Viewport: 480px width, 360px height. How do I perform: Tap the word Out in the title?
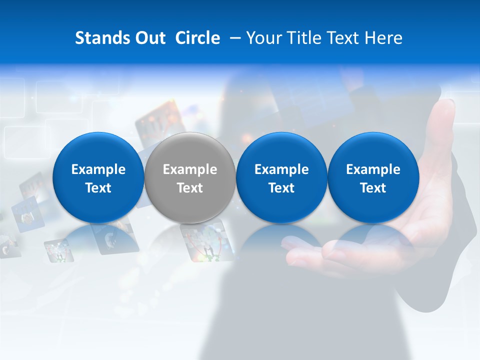coord(149,38)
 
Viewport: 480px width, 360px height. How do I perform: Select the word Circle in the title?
coord(198,38)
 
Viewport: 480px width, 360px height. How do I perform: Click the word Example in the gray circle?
coord(190,169)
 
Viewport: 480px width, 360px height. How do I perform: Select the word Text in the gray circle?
coord(190,188)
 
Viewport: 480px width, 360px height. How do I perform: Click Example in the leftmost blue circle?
coord(98,169)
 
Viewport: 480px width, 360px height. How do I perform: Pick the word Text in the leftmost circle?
coord(98,188)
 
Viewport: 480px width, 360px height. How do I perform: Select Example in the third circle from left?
coord(281,169)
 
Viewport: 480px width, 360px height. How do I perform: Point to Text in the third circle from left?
coord(281,188)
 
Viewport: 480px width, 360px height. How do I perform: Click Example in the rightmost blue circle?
coord(373,169)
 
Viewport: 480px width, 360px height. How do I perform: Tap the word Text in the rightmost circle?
coord(373,188)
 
